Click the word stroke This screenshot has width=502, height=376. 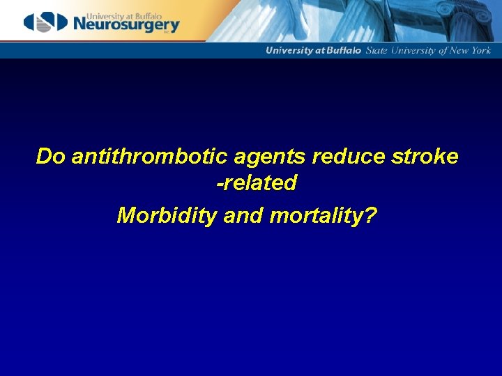(425, 157)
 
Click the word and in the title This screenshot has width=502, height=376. (243, 216)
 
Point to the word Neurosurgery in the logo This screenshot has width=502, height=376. (125, 25)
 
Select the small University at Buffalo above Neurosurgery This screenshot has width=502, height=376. (109, 12)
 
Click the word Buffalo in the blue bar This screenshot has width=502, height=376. (345, 50)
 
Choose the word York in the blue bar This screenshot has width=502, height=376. (480, 50)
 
